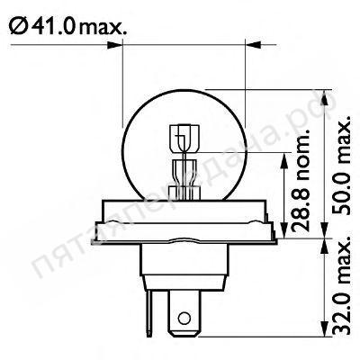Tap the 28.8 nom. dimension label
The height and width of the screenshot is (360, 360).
[301, 180]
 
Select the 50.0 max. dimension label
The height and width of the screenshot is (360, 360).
[341, 164]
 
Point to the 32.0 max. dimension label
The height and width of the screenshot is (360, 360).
[341, 284]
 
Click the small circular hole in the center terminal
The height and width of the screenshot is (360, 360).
[184, 318]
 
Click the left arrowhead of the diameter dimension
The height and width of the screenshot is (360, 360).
[115, 46]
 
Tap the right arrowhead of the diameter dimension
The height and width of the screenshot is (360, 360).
[253, 45]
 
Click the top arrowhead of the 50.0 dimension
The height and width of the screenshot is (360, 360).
[325, 98]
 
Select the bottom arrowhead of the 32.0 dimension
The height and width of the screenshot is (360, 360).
[325, 328]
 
